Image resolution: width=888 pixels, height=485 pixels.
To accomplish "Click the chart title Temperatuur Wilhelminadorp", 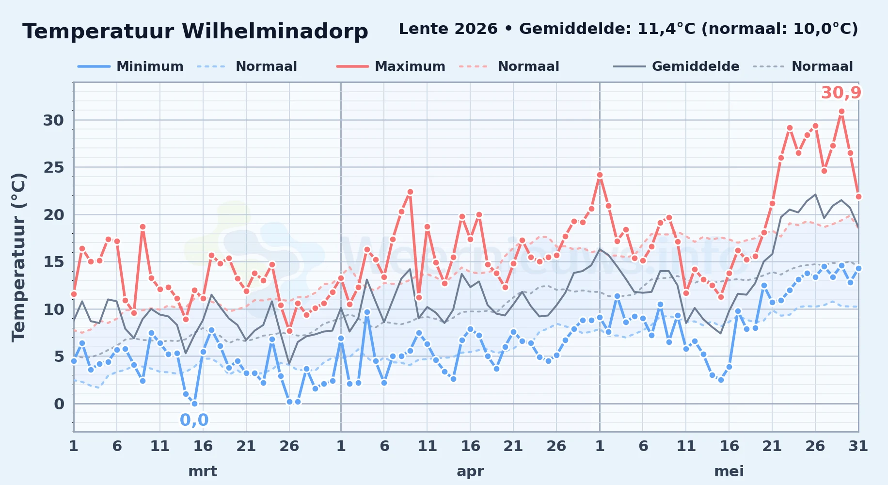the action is (x=195, y=32).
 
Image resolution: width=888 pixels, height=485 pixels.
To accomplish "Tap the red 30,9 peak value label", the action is (x=841, y=93).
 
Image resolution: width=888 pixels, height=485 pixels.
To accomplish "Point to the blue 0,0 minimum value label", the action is (x=194, y=420).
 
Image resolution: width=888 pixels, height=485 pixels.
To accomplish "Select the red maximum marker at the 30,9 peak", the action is (x=841, y=112).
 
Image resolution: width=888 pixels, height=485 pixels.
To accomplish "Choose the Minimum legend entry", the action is (x=130, y=66).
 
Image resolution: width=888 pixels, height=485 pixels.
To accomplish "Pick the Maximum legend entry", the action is (x=391, y=66).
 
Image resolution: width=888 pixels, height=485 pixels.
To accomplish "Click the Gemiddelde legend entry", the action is (x=677, y=66).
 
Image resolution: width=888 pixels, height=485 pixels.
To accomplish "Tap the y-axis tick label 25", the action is (x=53, y=167).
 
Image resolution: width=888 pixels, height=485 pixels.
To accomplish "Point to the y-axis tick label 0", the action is (x=59, y=404).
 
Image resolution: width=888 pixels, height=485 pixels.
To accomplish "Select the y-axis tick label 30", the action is (x=53, y=120).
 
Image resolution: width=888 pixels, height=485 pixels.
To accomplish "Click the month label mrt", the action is (x=203, y=471).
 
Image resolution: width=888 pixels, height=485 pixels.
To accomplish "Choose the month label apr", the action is (x=470, y=471).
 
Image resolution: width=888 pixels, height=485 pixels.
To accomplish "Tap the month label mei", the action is (x=729, y=471).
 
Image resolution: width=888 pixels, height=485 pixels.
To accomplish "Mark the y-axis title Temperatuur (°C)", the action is (x=18, y=257).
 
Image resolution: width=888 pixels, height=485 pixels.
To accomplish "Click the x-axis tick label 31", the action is (x=858, y=446).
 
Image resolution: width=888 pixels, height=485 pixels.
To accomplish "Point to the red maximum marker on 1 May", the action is (x=600, y=175).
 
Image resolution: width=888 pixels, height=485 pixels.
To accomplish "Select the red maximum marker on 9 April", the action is (x=410, y=192).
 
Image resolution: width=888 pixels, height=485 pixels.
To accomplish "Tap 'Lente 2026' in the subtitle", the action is (x=448, y=29).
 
